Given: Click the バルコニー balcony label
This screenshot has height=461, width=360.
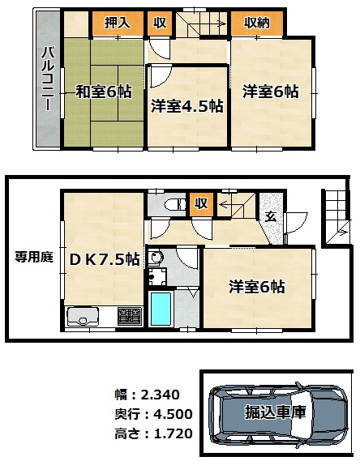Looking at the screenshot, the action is [x=48, y=79].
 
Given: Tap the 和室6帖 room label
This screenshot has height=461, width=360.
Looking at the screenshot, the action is [x=104, y=92].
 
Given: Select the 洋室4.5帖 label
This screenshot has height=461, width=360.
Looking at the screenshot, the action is [x=187, y=106].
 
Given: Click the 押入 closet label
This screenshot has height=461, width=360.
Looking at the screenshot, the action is [x=118, y=23].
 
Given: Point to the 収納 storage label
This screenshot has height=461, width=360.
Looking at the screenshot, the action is [x=257, y=23].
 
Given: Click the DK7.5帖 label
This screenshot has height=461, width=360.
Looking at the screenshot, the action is [x=105, y=259].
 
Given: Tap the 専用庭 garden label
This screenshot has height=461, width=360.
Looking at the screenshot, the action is [x=34, y=258].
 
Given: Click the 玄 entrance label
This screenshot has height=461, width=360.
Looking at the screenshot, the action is [x=271, y=217].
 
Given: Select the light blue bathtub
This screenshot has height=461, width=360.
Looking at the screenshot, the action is [x=161, y=309].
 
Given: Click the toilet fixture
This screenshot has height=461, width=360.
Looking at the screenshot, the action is [x=174, y=205].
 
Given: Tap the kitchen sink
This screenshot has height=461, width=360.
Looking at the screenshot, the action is [x=83, y=317].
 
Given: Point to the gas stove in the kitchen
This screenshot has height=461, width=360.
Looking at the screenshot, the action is [x=130, y=317].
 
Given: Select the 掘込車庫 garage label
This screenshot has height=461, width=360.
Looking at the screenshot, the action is [x=276, y=412].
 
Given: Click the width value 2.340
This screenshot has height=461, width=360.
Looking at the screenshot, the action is [x=160, y=395].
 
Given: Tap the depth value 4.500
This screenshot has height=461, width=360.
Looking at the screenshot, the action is [x=173, y=414].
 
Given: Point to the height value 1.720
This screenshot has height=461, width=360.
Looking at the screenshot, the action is [x=173, y=433].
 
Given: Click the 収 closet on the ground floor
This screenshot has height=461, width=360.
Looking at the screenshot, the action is [x=201, y=203].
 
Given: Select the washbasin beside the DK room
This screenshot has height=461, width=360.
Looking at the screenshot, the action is [x=155, y=258].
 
